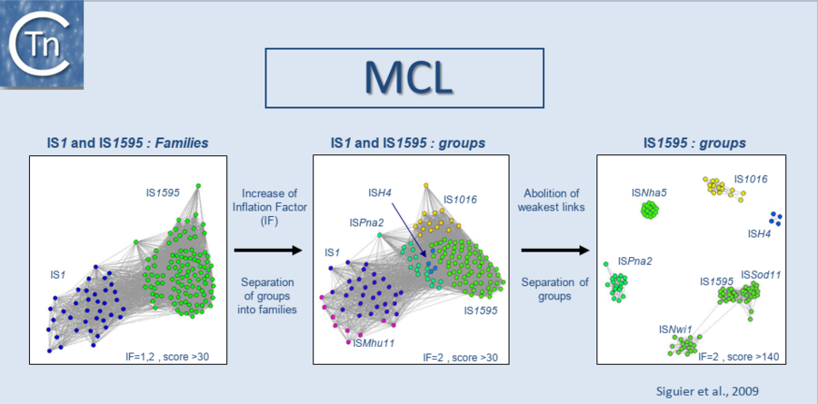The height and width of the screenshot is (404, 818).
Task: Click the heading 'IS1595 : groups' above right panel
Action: (693, 143)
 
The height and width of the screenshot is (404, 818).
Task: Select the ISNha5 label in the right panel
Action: (649, 192)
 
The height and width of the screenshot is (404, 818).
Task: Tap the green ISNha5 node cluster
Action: (650, 211)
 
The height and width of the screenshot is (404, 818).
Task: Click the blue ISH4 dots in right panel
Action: (774, 218)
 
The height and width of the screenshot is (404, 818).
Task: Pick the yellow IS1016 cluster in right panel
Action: (719, 187)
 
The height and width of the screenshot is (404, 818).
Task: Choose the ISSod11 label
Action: (761, 274)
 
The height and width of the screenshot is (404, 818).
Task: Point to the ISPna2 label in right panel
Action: (633, 261)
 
